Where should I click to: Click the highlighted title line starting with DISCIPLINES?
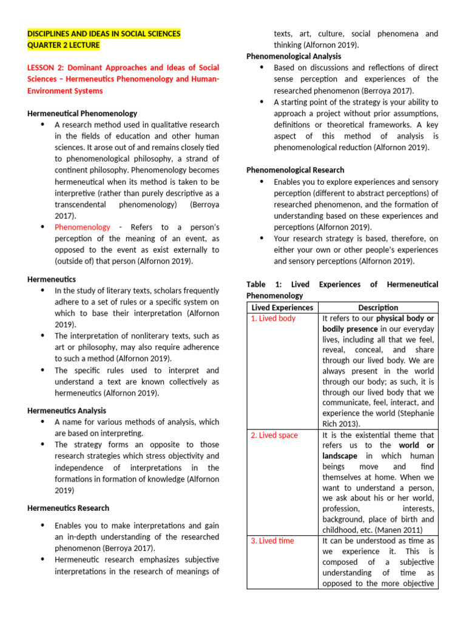pos(104,34)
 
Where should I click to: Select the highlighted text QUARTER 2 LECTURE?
pos(64,46)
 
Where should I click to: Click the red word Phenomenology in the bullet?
pos(83,227)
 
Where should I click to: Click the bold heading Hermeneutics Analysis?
pos(67,411)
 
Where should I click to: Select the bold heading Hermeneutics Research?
pos(69,508)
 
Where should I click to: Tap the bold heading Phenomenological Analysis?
pos(294,56)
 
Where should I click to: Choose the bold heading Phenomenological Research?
pos(295,170)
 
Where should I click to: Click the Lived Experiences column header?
pos(282,308)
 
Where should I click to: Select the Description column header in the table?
pos(378,308)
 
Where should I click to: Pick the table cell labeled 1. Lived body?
pos(274,319)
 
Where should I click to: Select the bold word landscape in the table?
pos(340,456)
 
